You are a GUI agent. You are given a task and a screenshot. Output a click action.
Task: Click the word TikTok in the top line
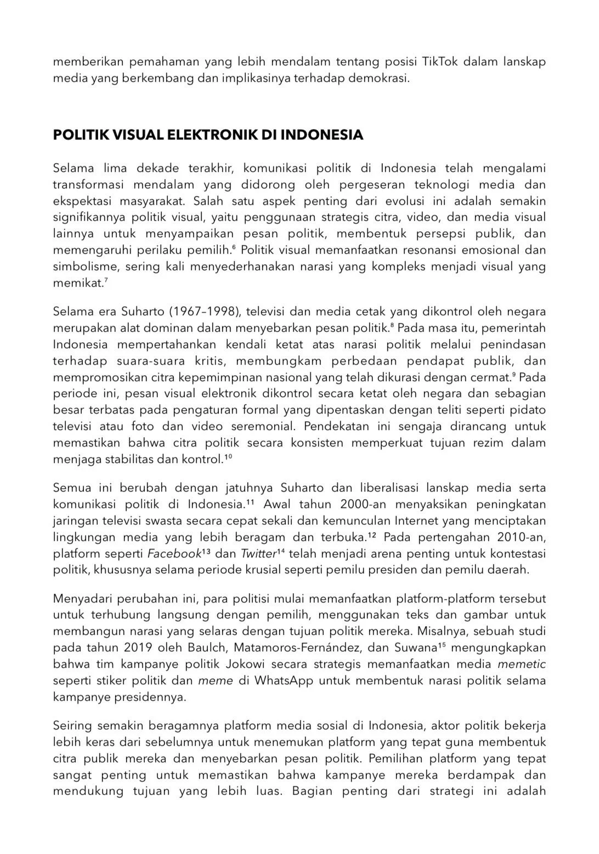pos(440,61)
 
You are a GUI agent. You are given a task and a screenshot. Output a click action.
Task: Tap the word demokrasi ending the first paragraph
pos(382,78)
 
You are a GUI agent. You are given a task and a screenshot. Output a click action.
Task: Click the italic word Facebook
pos(174,554)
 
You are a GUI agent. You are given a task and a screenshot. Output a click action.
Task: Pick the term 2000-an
pos(363,504)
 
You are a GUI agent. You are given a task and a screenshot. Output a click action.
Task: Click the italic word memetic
pos(521,665)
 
